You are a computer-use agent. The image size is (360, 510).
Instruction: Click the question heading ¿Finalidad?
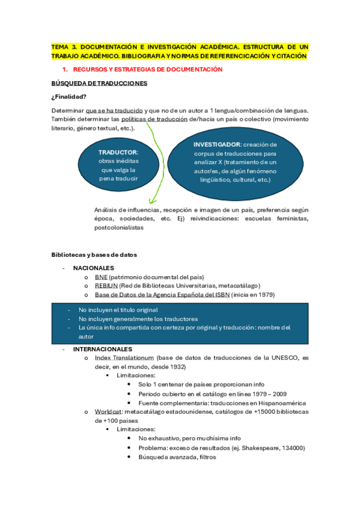(69, 97)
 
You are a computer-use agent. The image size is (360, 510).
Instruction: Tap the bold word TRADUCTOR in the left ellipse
(118, 153)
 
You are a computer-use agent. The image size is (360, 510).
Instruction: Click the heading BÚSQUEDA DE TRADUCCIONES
(100, 83)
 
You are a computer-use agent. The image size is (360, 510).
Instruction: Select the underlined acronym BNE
(101, 277)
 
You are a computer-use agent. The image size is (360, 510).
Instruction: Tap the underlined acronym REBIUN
(106, 286)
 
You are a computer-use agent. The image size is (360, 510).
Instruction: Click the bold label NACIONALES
(94, 268)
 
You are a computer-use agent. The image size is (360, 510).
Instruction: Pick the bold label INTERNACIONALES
(103, 349)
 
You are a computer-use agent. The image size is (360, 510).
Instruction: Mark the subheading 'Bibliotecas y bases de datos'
(94, 255)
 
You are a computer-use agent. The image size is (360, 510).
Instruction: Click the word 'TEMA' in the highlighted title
(60, 46)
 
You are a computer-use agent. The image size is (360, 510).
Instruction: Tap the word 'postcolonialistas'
(119, 228)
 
